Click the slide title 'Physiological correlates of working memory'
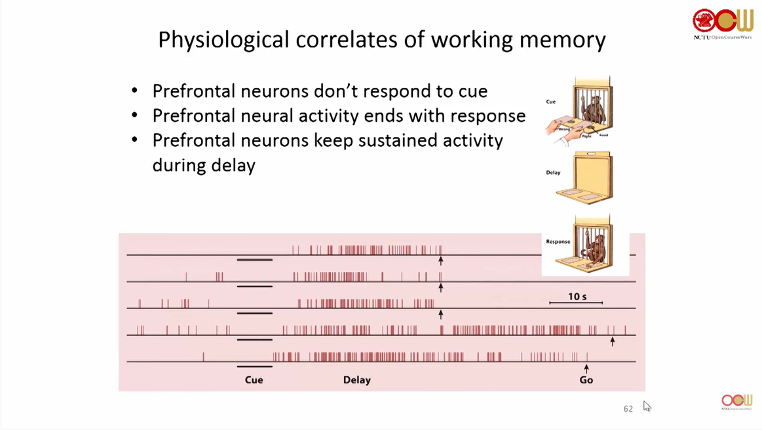point(381,40)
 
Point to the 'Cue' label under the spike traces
point(254,380)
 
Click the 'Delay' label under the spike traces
point(356,380)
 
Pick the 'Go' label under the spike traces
point(586,380)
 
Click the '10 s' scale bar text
point(577,297)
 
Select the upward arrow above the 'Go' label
point(586,368)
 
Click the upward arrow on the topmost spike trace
point(441,261)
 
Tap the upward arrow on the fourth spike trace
point(612,341)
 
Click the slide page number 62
point(628,409)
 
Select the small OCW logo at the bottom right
point(736,402)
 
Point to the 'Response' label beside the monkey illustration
point(558,242)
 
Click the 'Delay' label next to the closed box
point(553,173)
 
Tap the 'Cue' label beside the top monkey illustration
point(551,102)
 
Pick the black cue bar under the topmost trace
point(254,260)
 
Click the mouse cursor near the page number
point(646,406)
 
